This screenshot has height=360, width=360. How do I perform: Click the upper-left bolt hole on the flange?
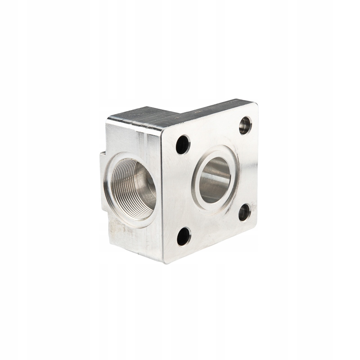183,144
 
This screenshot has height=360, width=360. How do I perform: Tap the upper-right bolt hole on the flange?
245,125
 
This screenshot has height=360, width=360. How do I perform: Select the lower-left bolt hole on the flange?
184,236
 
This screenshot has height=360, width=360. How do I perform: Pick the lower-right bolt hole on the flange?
244,212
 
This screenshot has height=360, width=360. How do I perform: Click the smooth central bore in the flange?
215,180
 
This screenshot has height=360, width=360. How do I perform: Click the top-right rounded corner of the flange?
255,106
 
